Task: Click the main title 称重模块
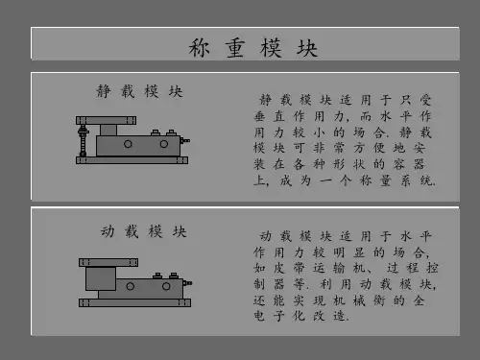[252, 48]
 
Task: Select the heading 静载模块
[139, 91]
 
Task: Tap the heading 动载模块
[144, 231]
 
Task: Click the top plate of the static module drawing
[106, 120]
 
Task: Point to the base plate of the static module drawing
[132, 160]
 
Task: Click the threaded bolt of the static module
[84, 141]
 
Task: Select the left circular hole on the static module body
[128, 144]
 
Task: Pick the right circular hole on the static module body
[164, 144]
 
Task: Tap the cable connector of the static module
[185, 140]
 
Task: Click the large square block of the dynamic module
[101, 278]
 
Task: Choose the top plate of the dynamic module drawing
[108, 262]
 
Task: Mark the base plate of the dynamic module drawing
[134, 302]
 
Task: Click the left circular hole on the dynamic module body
[131, 286]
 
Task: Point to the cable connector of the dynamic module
[187, 283]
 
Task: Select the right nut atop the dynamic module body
[174, 276]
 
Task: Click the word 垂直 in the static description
[270, 116]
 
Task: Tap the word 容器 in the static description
[409, 164]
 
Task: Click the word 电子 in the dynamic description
[270, 316]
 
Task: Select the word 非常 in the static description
[329, 148]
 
